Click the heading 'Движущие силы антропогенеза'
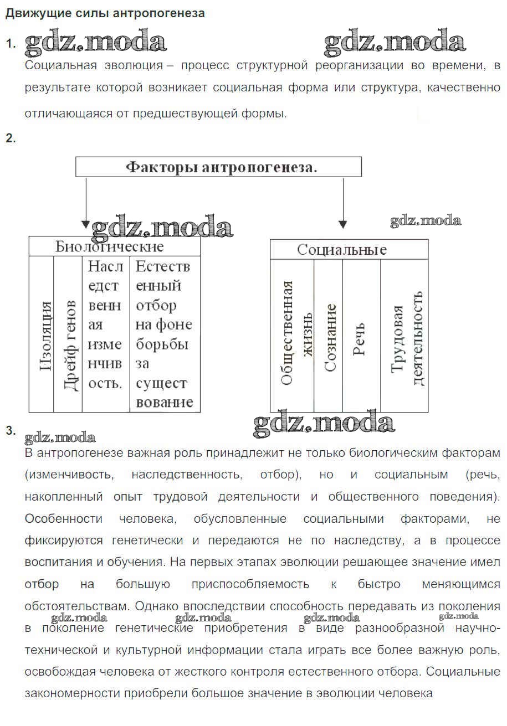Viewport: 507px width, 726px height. tap(105, 13)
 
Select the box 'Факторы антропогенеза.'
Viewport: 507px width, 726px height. tap(218, 167)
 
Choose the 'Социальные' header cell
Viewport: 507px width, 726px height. tap(349, 249)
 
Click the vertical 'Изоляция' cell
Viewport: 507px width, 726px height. tap(42, 334)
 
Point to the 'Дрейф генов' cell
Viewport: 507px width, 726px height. tap(68, 334)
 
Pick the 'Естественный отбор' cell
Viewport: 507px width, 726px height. tap(164, 334)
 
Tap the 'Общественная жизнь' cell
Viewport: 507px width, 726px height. tap(292, 335)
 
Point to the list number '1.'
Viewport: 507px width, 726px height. tap(10, 44)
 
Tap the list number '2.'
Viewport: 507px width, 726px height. tap(10, 138)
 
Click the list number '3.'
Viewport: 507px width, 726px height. tap(10, 431)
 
